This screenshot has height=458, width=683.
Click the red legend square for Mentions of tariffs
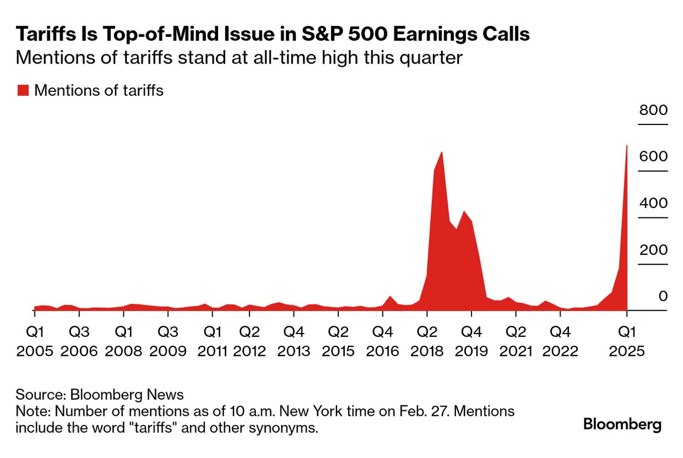[23, 91]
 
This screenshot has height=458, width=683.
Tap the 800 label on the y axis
[653, 110]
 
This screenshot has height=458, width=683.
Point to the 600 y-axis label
[653, 157]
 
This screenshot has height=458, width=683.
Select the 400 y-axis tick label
[653, 204]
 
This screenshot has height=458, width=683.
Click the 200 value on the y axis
[653, 250]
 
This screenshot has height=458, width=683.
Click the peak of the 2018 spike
[442, 153]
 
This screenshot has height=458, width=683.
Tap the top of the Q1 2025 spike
[626, 147]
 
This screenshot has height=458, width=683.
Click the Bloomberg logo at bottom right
[623, 425]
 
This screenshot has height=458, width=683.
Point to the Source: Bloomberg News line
[100, 394]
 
